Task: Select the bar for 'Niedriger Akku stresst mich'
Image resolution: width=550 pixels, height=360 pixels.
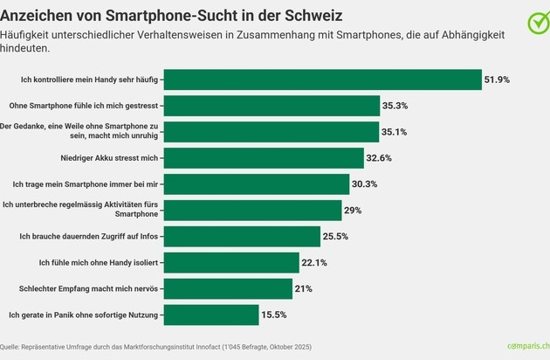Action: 263,157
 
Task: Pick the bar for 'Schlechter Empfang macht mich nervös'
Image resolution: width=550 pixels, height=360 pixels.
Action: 228,287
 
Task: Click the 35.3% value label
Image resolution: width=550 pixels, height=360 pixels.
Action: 395,106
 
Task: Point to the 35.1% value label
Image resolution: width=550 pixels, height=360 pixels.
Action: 395,132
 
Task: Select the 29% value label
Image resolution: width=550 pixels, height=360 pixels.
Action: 353,210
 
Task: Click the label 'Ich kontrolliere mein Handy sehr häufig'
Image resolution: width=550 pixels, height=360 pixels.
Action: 90,80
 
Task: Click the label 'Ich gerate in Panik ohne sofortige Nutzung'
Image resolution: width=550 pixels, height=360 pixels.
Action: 83,314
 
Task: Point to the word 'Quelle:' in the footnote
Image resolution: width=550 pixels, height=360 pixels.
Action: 15,347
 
